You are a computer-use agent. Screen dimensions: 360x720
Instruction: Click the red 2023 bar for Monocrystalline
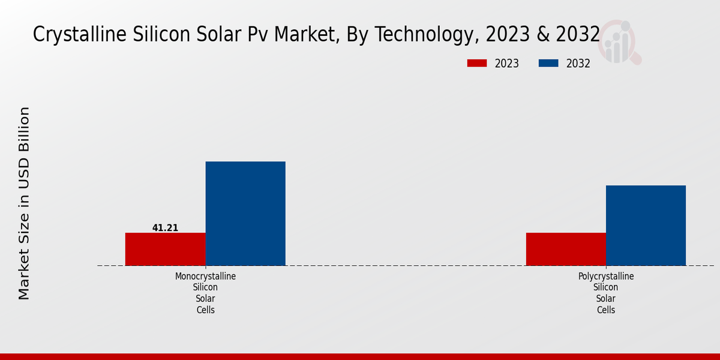point(165,249)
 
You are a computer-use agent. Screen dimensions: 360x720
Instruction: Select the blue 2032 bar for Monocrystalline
point(245,214)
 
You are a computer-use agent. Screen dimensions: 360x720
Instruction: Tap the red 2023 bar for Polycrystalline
point(566,249)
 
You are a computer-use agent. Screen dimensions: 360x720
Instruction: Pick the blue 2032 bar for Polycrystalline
point(646,226)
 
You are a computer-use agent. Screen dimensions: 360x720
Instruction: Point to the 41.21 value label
point(165,228)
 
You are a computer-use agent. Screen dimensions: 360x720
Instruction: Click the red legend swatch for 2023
point(477,63)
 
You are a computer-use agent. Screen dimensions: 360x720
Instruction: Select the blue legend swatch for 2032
point(548,63)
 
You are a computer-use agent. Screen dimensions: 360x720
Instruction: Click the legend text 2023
point(507,64)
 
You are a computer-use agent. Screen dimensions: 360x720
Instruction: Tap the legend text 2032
point(578,64)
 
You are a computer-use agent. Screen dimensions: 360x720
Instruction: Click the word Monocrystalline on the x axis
point(205,277)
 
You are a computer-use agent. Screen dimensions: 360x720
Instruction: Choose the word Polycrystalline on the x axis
point(606,277)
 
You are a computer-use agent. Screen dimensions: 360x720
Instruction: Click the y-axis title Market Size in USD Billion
point(24,203)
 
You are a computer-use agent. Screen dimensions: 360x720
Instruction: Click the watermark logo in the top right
point(619,42)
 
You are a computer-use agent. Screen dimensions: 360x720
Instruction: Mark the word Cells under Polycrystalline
point(606,310)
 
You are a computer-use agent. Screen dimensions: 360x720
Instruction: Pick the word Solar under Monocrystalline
point(205,299)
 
